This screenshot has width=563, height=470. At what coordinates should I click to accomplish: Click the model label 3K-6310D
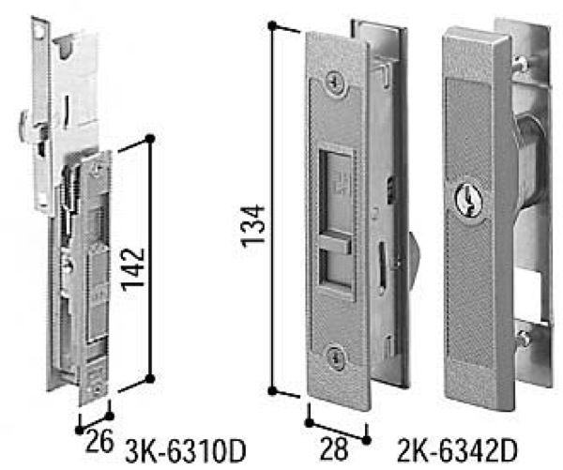185,451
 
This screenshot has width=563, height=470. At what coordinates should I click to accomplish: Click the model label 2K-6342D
458,450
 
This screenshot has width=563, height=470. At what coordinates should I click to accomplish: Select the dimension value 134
252,227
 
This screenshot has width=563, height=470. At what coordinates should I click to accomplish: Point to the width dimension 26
99,441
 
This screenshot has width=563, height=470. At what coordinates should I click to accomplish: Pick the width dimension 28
334,448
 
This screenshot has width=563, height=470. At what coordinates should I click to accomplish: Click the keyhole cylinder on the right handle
468,202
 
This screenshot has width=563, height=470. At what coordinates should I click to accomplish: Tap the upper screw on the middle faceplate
337,83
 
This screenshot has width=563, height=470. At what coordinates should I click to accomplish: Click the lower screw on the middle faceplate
336,357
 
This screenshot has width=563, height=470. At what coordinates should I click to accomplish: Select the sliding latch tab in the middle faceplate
335,245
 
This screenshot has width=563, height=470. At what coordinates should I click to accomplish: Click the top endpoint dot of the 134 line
272,26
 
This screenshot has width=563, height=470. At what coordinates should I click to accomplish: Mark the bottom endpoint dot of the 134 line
272,391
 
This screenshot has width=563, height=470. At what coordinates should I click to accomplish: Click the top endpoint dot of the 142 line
150,139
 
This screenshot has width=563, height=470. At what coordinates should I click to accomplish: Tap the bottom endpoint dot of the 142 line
150,378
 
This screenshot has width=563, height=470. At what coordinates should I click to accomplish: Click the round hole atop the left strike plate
38,32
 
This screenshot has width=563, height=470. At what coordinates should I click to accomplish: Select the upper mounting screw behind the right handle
525,61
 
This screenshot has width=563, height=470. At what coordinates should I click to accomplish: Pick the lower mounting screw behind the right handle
524,339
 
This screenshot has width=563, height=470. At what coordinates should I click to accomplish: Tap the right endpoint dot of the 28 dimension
366,440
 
